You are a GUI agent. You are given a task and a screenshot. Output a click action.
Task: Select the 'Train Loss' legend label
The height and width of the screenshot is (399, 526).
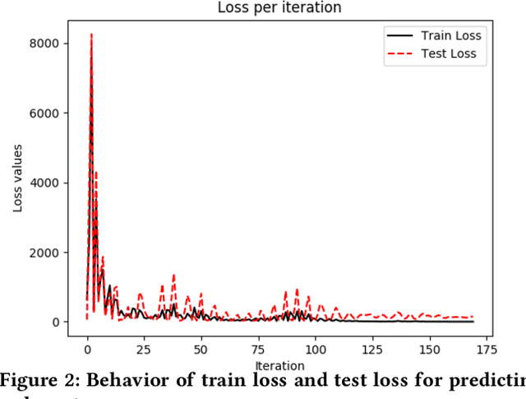coord(450,35)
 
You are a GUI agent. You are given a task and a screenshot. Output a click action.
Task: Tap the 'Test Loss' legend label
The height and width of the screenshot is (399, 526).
coord(448,54)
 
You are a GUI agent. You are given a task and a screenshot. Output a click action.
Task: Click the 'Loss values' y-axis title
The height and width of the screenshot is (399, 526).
coord(18,179)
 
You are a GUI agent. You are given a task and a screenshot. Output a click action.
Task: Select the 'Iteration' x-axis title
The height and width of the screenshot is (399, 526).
coord(279,364)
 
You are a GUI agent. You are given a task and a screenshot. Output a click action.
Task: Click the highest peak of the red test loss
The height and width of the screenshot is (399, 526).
coord(91,35)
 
